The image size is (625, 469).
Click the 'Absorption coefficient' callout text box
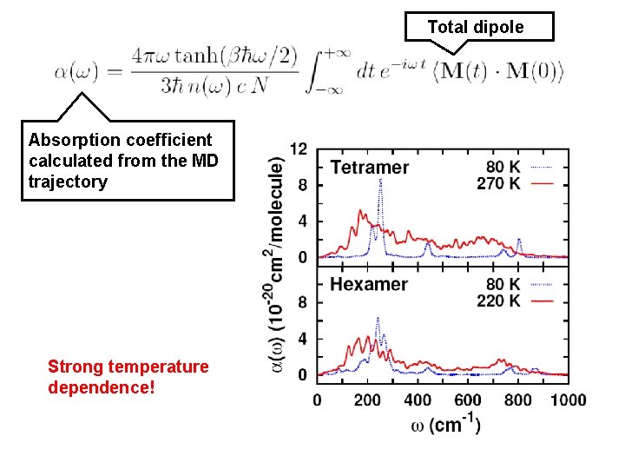point(127,161)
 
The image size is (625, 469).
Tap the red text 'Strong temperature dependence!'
point(128,376)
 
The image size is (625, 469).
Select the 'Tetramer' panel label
point(370,167)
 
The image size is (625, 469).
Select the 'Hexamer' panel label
point(369,284)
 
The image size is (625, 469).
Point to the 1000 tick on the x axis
point(567,400)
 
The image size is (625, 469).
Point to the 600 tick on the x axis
point(468,400)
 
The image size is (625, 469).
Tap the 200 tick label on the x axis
point(367,400)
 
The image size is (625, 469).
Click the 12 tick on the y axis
point(298,149)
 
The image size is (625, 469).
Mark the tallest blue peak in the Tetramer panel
point(380,181)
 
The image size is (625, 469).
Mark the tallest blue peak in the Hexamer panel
point(378,318)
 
